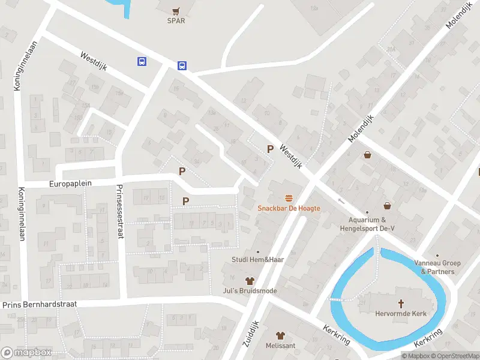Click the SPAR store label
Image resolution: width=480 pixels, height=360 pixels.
click(176, 20)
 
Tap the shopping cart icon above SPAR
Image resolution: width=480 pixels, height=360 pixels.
click(176, 10)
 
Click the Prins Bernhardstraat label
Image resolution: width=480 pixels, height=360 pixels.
click(40, 305)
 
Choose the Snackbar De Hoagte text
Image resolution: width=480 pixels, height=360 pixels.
click(289, 208)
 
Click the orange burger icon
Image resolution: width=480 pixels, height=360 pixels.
click(289, 198)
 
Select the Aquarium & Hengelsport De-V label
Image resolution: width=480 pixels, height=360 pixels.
click(367, 224)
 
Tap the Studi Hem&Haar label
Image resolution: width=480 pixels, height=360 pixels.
click(258, 260)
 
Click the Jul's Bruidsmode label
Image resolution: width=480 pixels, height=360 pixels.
click(250, 291)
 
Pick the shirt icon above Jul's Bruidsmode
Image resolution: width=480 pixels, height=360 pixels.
click(250, 281)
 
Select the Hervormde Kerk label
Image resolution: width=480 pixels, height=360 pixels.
click(400, 314)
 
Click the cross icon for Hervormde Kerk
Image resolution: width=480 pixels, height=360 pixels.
click(400, 304)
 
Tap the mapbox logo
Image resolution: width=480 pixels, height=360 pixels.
click(26, 352)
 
